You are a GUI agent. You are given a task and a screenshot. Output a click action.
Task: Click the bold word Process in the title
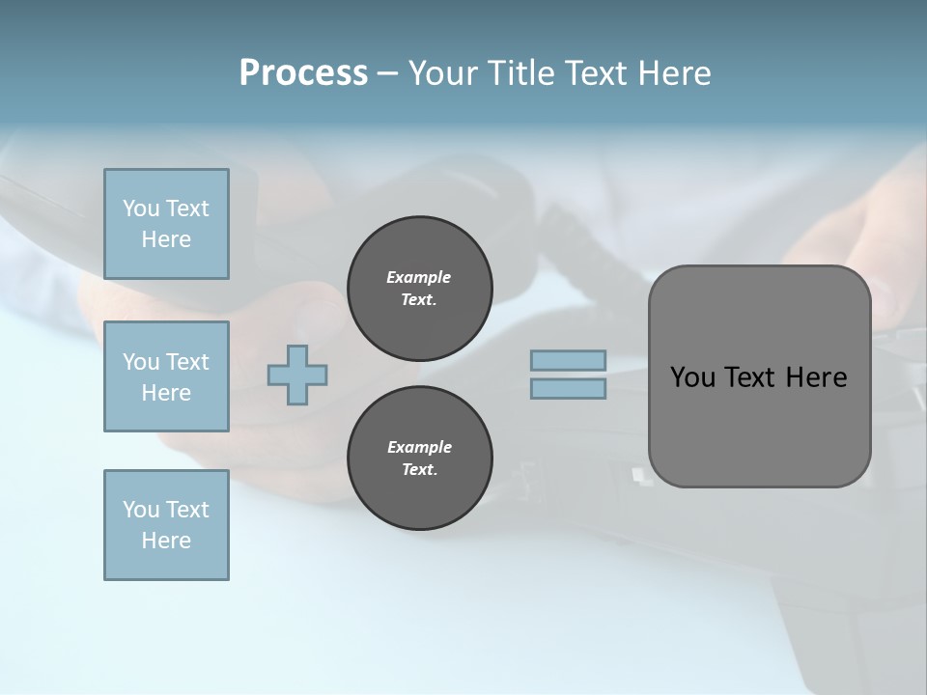point(303,73)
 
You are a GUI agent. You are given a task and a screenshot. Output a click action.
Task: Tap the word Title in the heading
point(521,73)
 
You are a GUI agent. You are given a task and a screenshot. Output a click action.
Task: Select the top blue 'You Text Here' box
point(166,224)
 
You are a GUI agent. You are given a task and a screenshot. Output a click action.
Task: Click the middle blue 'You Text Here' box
point(166,376)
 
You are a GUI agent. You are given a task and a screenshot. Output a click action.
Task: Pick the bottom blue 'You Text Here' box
point(166,525)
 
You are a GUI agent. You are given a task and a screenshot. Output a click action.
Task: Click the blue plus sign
point(297,375)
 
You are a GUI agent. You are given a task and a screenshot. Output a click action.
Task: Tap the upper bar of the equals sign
point(568,361)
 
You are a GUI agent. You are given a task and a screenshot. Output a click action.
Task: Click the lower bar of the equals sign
point(568,388)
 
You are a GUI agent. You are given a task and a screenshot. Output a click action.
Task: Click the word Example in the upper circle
point(419,277)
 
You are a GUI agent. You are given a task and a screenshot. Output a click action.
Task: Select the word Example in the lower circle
point(419,447)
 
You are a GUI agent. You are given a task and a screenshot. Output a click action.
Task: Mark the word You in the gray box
point(692,377)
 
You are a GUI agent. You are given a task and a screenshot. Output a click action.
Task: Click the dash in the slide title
point(387,74)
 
